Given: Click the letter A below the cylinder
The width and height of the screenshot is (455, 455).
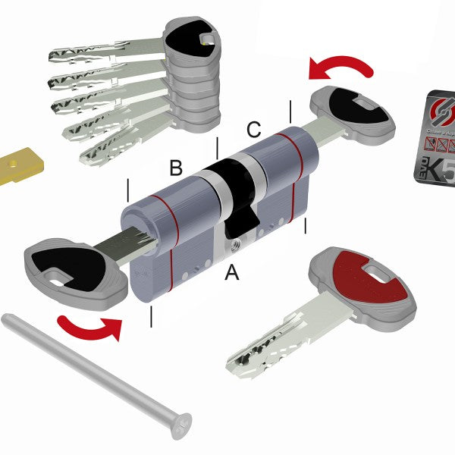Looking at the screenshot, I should pos(231,272).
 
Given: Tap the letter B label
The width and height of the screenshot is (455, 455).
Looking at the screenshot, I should pos(176,168).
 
